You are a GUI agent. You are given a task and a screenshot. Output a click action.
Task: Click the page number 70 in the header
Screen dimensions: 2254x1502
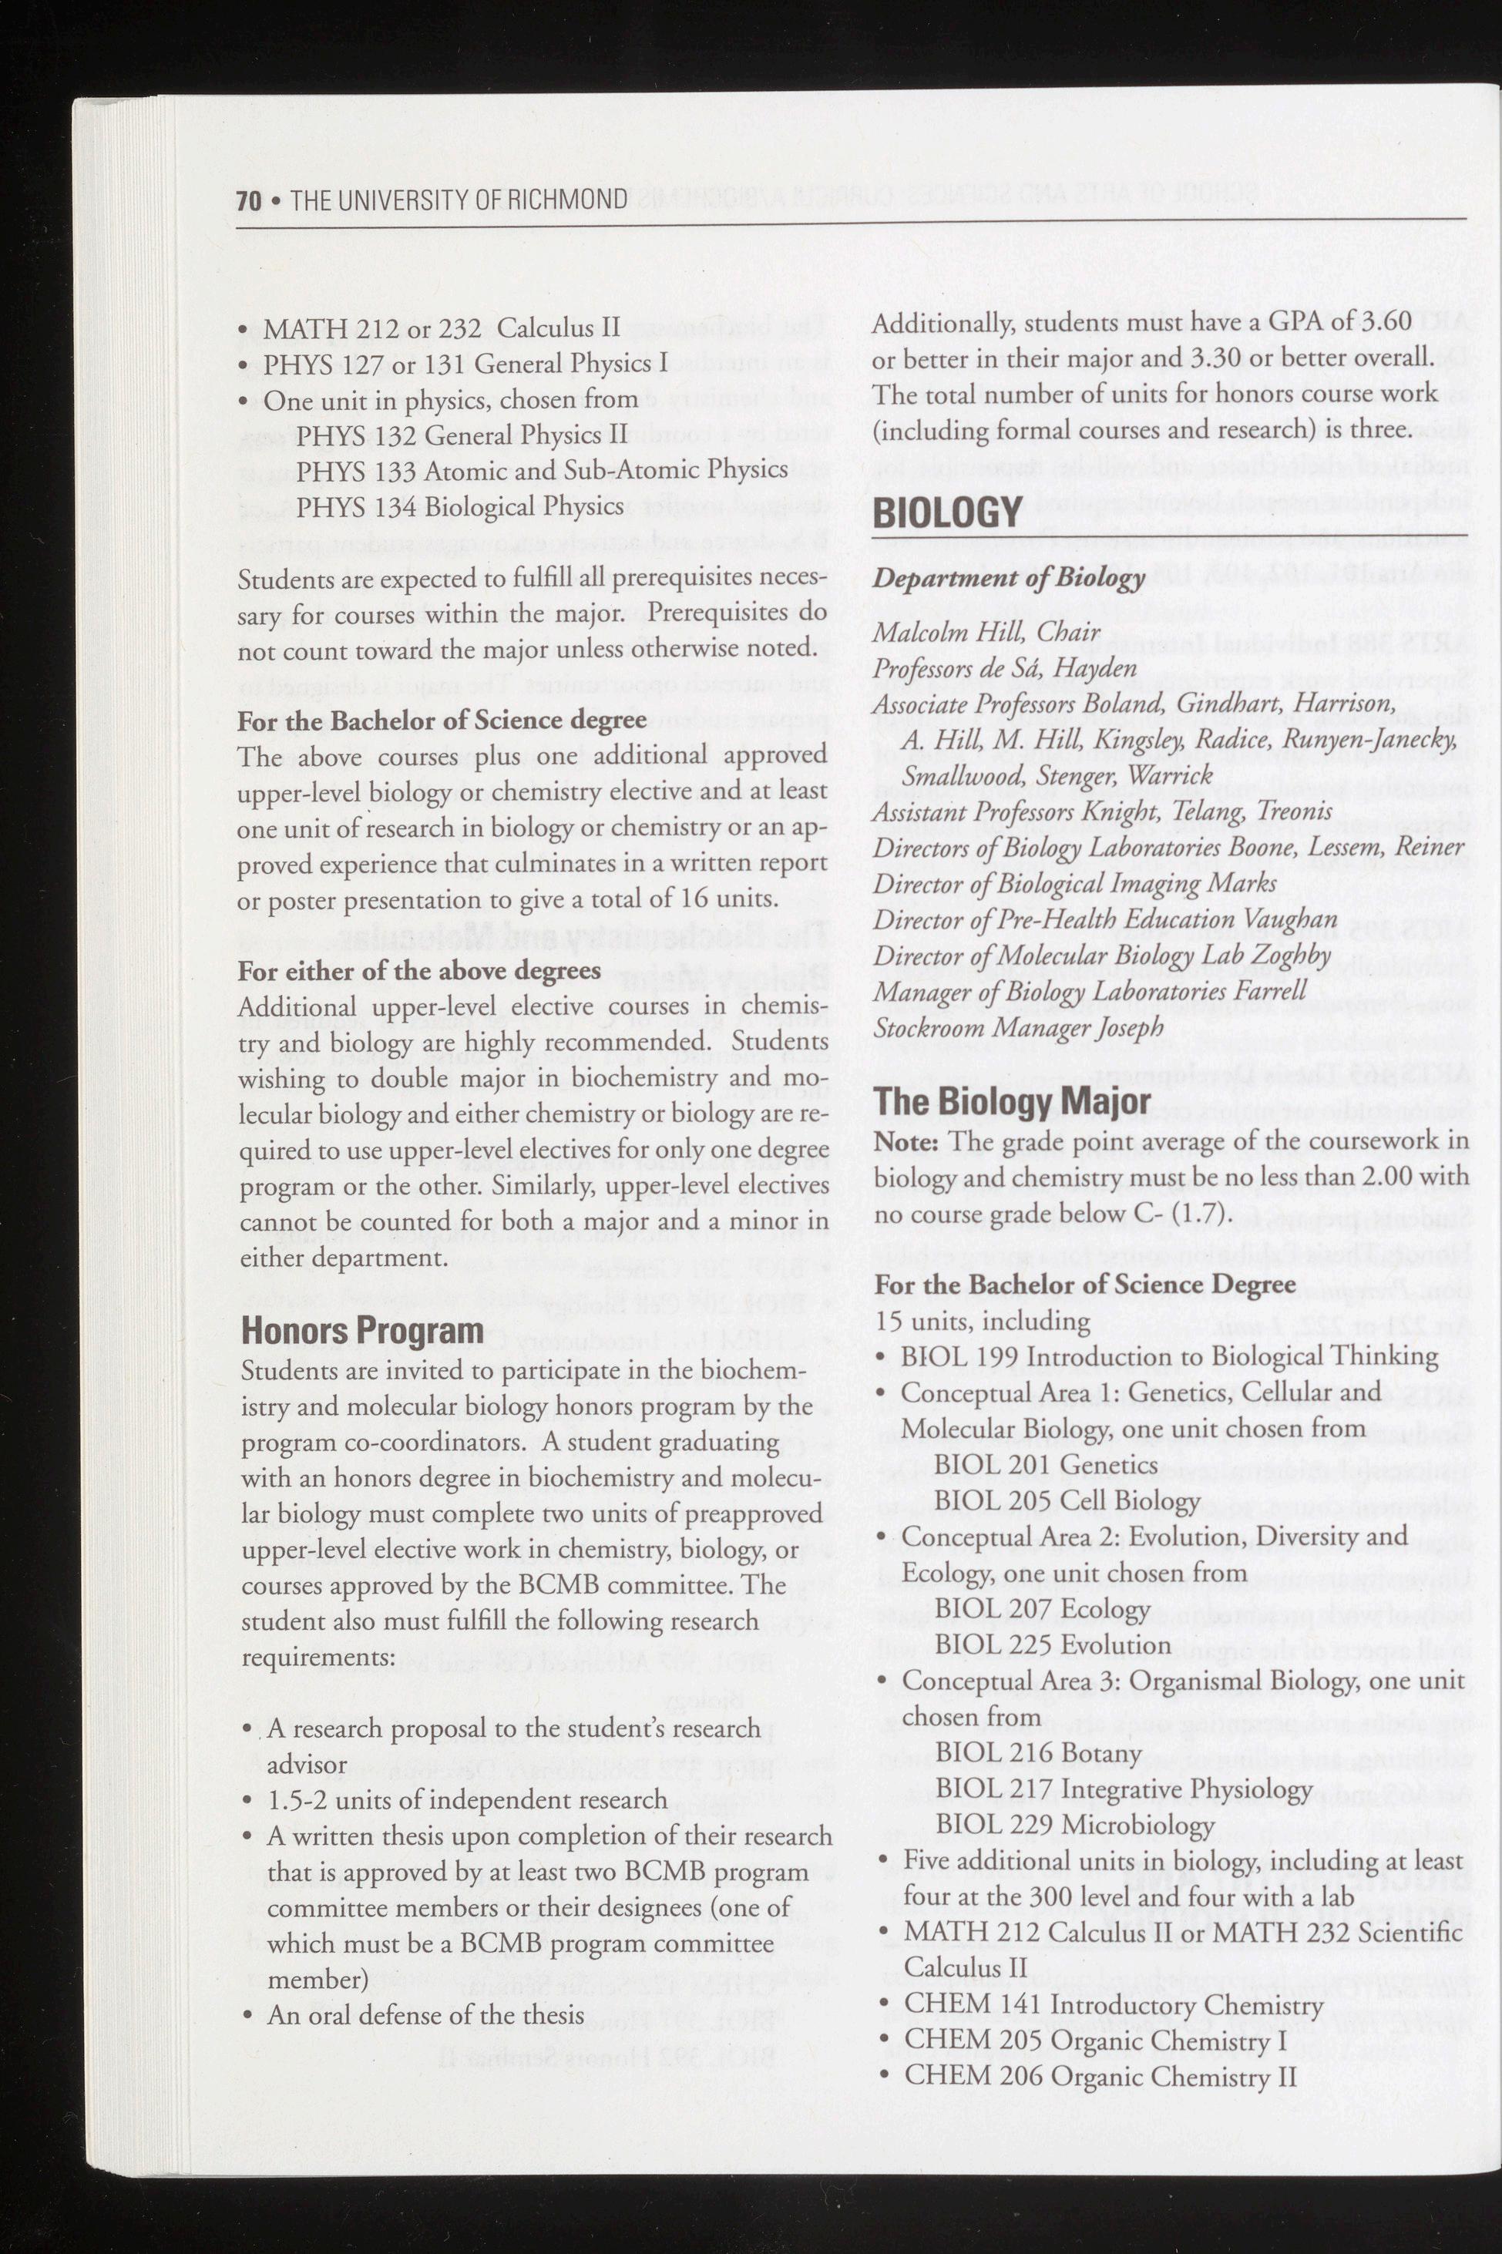(x=249, y=200)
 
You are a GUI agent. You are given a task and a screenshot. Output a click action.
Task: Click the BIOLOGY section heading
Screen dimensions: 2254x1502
(x=946, y=513)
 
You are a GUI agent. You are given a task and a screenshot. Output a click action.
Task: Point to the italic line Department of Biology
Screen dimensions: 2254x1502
(x=1008, y=578)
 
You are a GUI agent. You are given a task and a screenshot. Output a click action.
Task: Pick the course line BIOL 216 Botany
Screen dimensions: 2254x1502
(x=1038, y=1753)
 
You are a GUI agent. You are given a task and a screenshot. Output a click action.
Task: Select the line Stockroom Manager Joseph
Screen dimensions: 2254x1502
(x=1018, y=1028)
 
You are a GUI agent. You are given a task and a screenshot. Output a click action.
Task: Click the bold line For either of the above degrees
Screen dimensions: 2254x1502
(x=419, y=970)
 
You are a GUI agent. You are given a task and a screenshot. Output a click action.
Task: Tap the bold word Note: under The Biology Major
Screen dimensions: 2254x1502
(x=909, y=1143)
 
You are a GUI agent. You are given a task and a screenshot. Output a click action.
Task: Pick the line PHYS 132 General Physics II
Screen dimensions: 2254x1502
(x=462, y=435)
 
